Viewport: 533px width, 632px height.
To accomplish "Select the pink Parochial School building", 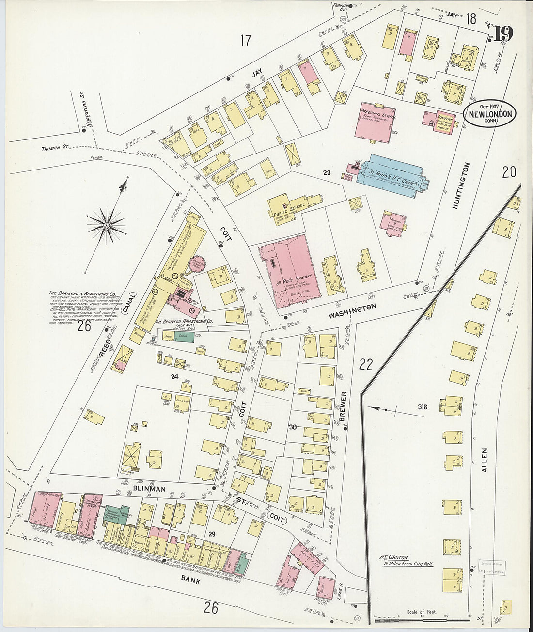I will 375,121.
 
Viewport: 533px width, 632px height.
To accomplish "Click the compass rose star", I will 107,224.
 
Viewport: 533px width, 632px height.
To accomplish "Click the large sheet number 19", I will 503,33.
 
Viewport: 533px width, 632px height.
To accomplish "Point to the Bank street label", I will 190,580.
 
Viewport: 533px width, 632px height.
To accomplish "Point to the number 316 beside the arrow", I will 423,407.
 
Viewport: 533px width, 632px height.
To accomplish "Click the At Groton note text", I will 406,560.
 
